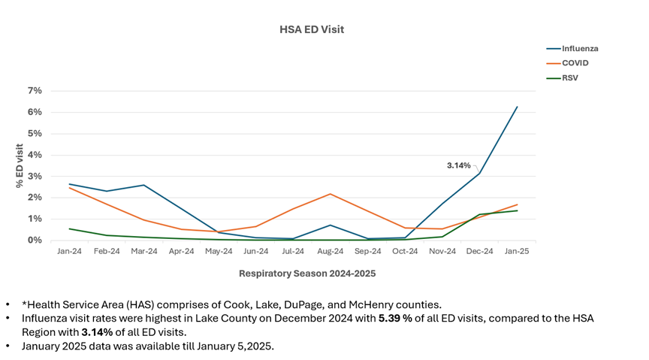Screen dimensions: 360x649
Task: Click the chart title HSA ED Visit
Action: pos(311,29)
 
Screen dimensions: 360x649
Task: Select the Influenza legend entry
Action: pos(580,49)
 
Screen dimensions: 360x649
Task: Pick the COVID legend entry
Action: pos(575,63)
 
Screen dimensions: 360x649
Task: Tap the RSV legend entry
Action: pos(571,77)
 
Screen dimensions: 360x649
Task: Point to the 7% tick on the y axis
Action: pos(35,91)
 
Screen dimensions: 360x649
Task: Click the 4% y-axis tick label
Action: pos(35,155)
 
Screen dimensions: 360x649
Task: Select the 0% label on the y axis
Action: pos(35,241)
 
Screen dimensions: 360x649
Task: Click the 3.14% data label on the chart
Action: pos(457,165)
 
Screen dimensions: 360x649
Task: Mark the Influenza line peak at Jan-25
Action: pos(517,107)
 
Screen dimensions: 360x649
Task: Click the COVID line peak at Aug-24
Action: pos(330,194)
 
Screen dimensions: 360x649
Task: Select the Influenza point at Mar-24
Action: pos(143,185)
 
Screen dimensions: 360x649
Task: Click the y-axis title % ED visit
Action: pos(20,165)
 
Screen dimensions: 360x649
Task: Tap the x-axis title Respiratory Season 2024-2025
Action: pos(306,274)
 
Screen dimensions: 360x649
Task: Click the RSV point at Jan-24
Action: pos(69,228)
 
